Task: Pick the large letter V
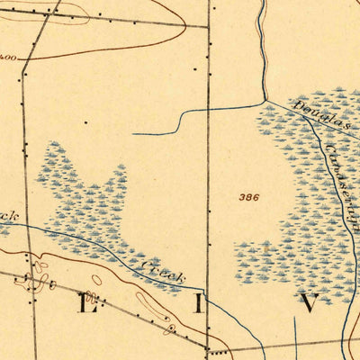(x=309, y=302)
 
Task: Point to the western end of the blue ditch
(x=133, y=133)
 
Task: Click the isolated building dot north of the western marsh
(x=86, y=121)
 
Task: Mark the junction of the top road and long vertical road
(x=208, y=26)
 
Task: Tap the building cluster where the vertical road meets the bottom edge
(x=211, y=350)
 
